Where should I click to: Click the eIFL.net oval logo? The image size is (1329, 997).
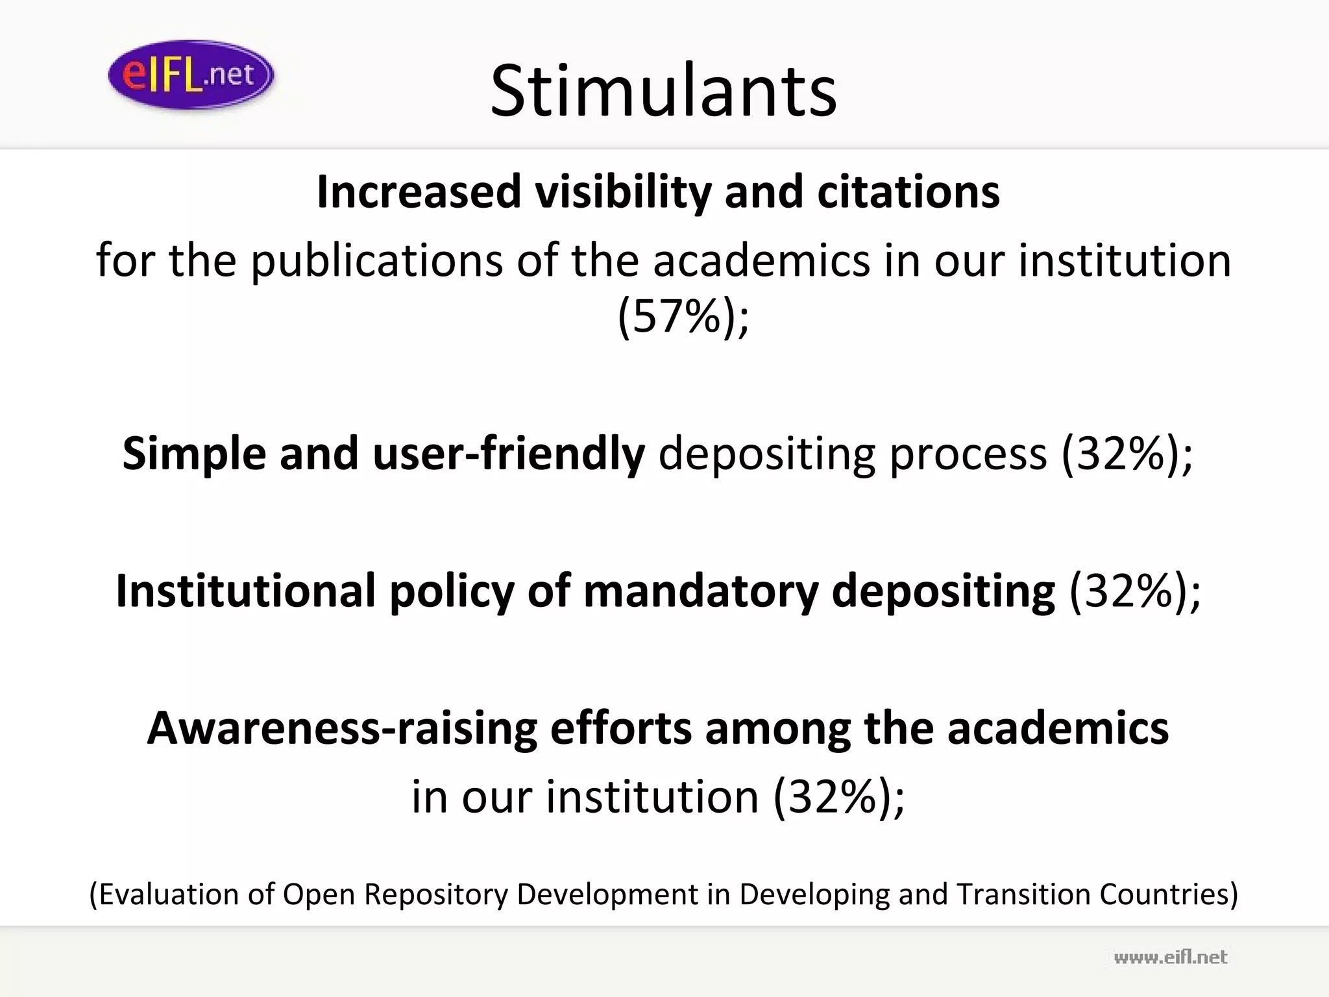191,75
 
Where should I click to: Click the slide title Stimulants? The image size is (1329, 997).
663,91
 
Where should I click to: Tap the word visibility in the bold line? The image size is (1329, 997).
622,192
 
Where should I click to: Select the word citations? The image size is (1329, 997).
908,192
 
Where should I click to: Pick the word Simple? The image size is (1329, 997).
194,454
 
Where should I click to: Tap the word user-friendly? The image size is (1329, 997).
509,454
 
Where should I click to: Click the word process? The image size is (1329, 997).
968,454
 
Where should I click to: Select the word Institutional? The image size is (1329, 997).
246,591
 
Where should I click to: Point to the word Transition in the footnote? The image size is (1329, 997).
1024,894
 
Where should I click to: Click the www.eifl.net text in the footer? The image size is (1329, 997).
1171,957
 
